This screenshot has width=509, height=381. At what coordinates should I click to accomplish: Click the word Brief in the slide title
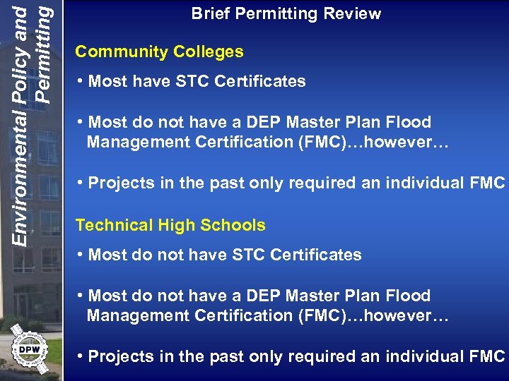coord(211,13)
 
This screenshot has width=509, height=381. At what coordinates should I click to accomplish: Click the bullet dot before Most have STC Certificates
coord(81,81)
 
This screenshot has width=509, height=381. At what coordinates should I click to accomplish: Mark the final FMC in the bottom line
coord(487,356)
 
